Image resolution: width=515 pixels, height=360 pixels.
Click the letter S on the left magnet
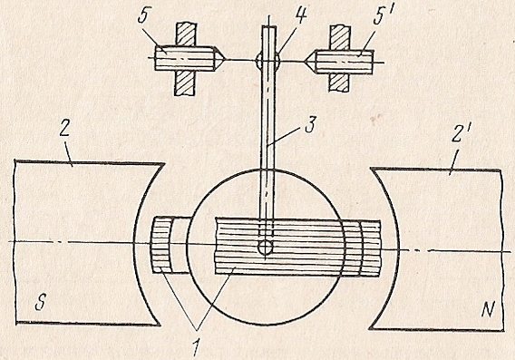40,303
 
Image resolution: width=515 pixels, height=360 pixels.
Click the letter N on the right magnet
489,308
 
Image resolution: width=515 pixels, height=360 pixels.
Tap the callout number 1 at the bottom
196,348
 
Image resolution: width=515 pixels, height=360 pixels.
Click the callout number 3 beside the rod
309,124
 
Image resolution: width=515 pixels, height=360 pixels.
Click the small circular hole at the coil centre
265,247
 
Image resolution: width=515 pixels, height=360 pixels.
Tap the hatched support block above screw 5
187,34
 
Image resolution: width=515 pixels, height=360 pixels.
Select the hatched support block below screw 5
185,83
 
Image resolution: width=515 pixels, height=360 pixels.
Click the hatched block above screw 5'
340,37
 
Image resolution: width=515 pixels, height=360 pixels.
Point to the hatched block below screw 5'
338,82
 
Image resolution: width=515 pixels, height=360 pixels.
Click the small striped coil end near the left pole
161,246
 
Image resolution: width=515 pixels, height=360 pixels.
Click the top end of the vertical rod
269,26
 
